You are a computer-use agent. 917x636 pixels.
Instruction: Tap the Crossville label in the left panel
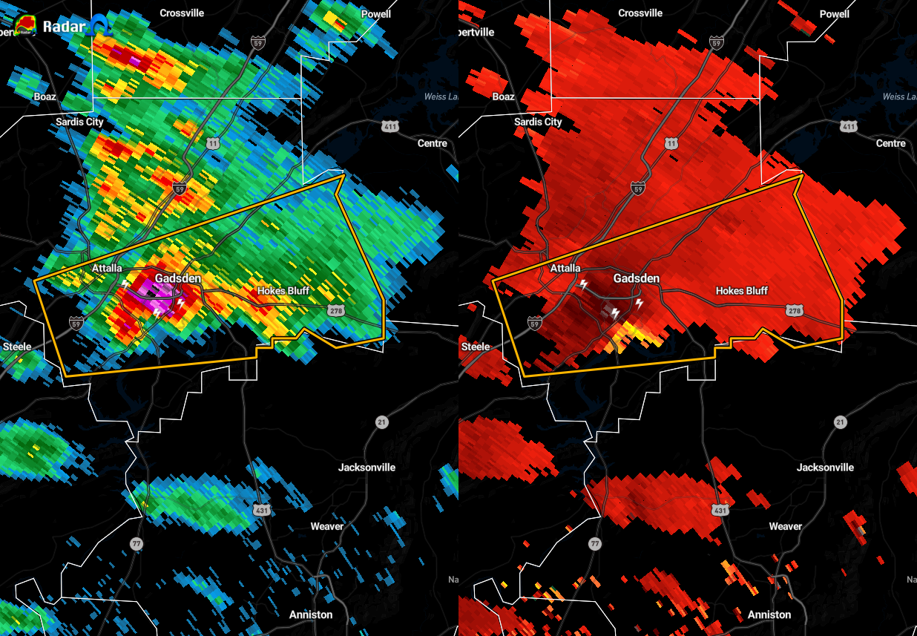[182, 13]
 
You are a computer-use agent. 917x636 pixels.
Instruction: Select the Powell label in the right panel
[834, 14]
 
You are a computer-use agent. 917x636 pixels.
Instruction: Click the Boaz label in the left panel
[45, 96]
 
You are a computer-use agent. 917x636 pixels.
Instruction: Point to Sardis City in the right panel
[538, 122]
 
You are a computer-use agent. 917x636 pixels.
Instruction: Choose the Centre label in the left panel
[432, 142]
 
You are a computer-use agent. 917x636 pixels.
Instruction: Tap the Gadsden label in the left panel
[178, 278]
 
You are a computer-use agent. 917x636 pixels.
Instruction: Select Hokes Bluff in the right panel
[741, 291]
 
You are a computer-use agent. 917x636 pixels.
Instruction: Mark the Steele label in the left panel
[17, 347]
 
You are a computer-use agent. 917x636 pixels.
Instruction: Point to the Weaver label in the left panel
[326, 526]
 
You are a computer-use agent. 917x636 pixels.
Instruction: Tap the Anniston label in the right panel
[769, 614]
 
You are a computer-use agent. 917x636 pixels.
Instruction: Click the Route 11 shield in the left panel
[213, 142]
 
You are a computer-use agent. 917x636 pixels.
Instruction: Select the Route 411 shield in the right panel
[849, 127]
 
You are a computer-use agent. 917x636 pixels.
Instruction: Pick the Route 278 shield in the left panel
[336, 310]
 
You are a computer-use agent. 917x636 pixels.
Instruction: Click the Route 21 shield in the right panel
[840, 422]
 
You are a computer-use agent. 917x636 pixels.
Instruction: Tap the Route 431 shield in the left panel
[261, 510]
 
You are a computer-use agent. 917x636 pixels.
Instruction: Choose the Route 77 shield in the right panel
[594, 543]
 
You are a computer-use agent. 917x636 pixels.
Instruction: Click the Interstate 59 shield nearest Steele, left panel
[76, 322]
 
